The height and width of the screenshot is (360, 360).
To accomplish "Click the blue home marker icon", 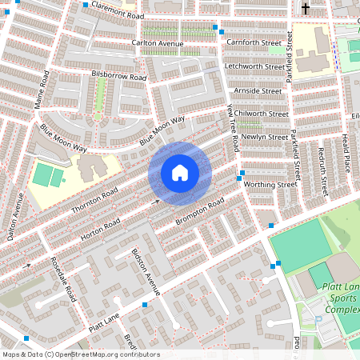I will click(180, 173).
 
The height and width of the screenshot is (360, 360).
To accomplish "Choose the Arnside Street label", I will click(257, 90).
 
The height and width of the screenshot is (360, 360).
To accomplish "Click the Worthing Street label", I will click(270, 184).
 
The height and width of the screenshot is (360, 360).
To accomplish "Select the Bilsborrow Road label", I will click(119, 76).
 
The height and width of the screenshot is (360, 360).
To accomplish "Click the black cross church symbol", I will click(306, 10).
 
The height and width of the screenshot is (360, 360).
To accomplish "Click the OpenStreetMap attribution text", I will click(81, 354).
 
